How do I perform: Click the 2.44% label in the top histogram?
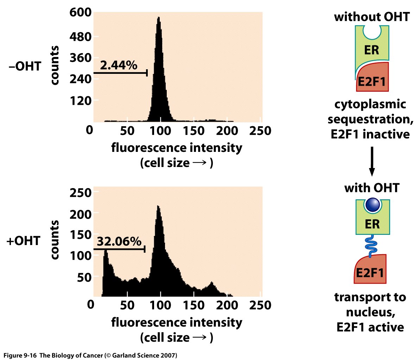coord(119,65)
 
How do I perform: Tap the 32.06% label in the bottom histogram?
coord(119,242)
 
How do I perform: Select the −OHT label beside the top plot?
coord(25,66)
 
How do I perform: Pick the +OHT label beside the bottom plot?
coord(24,241)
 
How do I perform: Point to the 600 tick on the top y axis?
coord(81,13)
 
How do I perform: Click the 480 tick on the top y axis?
coord(81,37)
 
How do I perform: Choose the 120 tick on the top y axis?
coord(81,101)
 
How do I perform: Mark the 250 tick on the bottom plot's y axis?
coord(81,193)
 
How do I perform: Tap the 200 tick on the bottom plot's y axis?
coord(81,214)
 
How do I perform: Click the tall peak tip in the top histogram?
coord(159,18)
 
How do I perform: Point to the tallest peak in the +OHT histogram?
coord(158,207)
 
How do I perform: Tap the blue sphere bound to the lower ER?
coord(372,205)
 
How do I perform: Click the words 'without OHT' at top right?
coord(372,17)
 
